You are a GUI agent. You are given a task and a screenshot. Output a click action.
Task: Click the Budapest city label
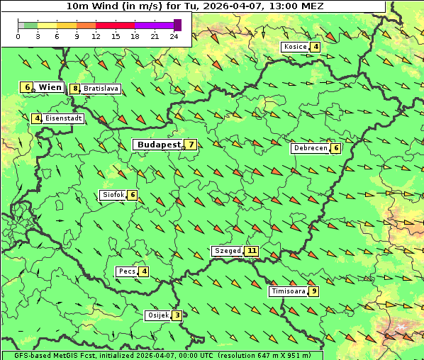pos(159,145)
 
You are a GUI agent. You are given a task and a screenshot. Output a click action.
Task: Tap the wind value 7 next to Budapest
pos(190,145)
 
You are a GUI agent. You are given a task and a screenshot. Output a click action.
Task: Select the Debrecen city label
pos(310,148)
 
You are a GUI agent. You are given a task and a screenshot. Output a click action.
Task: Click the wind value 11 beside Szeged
pos(251,251)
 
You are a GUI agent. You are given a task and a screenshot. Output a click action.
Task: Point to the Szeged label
pos(227,251)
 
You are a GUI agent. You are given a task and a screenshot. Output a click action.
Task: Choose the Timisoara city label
pos(287,291)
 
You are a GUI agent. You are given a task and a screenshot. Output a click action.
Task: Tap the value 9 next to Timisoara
pos(313,291)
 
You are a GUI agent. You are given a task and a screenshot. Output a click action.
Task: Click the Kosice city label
pos(295,47)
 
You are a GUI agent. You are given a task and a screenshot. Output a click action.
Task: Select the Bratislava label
pos(100,89)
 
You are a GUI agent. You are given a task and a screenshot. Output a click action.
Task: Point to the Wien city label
pos(50,87)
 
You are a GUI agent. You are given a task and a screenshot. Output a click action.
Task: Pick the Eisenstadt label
pos(63,118)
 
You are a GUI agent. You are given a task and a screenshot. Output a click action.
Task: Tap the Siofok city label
pos(113,195)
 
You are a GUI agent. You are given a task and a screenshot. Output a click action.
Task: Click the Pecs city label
pos(127,271)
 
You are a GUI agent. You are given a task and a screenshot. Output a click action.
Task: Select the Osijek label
pos(157,315)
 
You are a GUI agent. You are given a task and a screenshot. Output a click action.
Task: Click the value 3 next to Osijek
pos(177,315)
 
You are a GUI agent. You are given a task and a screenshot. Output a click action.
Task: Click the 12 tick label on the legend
pos(96,36)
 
